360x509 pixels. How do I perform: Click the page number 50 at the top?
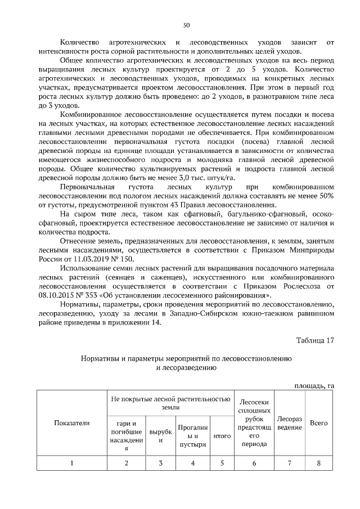[186, 25]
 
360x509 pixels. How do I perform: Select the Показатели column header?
[72, 422]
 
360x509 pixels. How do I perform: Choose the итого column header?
[222, 435]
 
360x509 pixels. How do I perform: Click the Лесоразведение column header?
[289, 423]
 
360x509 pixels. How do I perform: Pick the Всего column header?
[319, 422]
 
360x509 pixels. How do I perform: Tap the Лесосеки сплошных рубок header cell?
[254, 422]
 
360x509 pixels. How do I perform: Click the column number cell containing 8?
[319, 463]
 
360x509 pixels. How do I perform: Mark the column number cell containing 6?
[254, 463]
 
